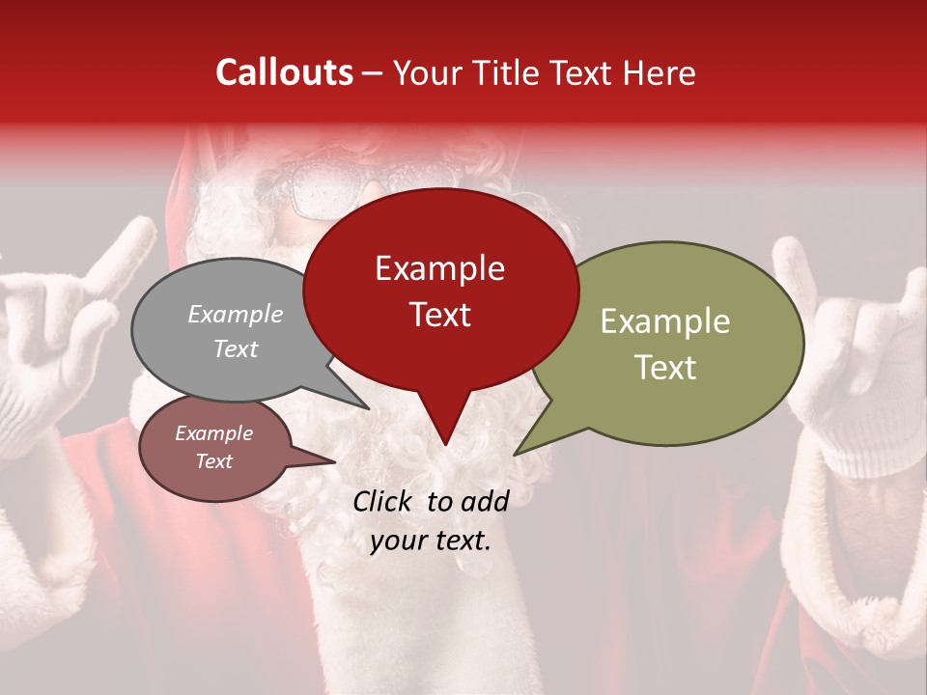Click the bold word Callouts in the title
click(284, 72)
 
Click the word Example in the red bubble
click(439, 268)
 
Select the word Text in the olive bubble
click(665, 368)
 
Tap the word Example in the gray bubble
click(235, 315)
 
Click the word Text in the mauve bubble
click(214, 461)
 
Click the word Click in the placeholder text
click(383, 501)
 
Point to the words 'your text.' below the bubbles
click(431, 541)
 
